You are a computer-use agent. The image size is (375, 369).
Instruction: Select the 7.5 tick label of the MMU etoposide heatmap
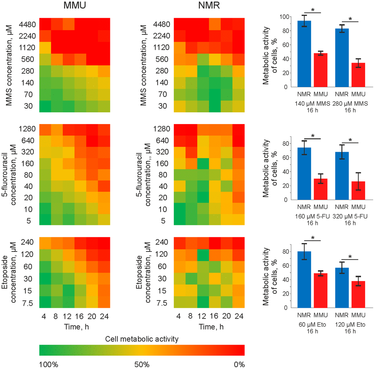(28, 303)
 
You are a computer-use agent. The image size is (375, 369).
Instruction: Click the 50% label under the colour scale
(142, 365)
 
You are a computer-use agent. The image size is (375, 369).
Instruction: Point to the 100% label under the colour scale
(49, 365)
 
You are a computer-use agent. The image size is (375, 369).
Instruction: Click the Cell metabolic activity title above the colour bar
(142, 338)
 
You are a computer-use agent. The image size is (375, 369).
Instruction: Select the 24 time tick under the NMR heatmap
(239, 316)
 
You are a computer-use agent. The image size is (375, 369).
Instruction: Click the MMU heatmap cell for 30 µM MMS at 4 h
(45, 106)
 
